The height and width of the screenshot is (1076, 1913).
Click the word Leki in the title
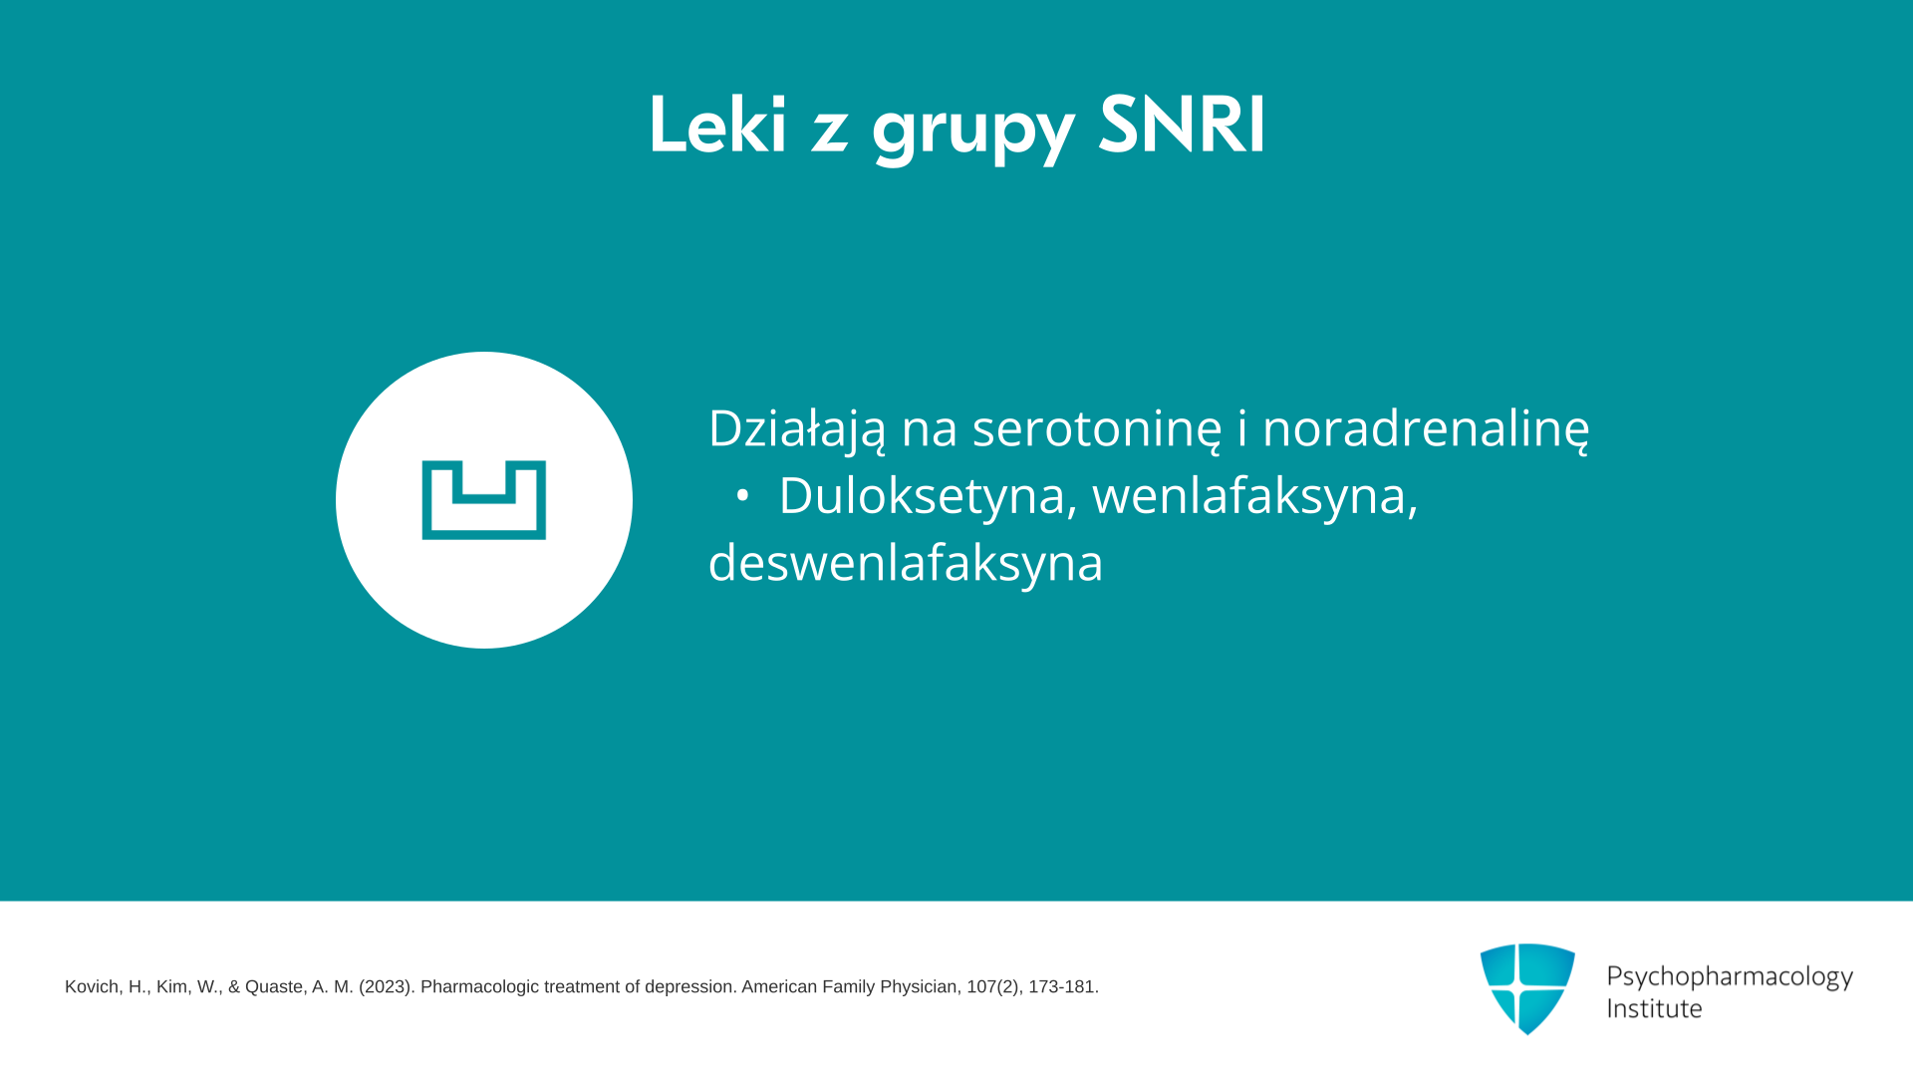pos(717,125)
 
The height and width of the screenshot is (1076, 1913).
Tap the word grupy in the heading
pos(973,132)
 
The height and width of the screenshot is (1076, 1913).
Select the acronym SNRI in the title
pos(1182,125)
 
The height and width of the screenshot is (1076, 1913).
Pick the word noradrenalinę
pos(1426,428)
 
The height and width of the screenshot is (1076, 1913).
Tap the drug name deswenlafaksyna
pos(906,563)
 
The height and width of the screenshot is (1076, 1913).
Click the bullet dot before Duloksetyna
pos(741,496)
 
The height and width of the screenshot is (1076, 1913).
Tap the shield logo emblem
pos(1527,988)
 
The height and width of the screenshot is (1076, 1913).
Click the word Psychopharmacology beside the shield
pos(1730,977)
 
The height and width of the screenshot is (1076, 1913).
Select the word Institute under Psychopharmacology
pos(1654,1009)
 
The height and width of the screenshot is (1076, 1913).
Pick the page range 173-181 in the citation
pos(1063,987)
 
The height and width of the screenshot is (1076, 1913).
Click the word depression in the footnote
pos(689,987)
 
